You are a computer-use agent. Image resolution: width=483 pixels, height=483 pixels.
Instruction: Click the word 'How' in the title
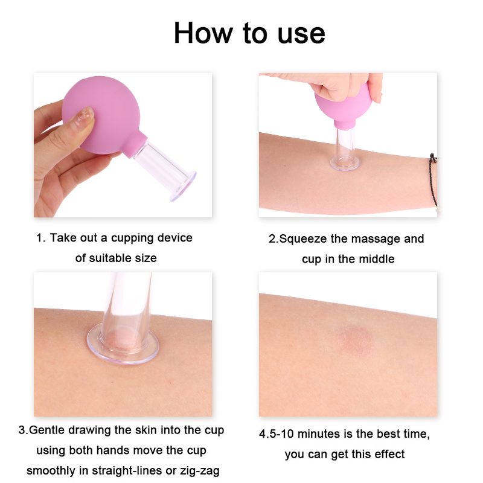click(203, 33)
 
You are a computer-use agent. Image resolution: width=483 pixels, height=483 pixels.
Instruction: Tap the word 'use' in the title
click(301, 34)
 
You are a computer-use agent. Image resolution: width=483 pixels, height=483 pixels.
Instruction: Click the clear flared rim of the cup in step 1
click(184, 188)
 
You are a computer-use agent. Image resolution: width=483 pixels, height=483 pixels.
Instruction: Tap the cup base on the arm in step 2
click(345, 163)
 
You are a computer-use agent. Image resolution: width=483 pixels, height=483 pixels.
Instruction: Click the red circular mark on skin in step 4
click(356, 340)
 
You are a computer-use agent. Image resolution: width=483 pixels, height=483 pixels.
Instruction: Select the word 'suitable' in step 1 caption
click(111, 258)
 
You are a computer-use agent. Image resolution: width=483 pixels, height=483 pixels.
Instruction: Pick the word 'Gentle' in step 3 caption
click(47, 430)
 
